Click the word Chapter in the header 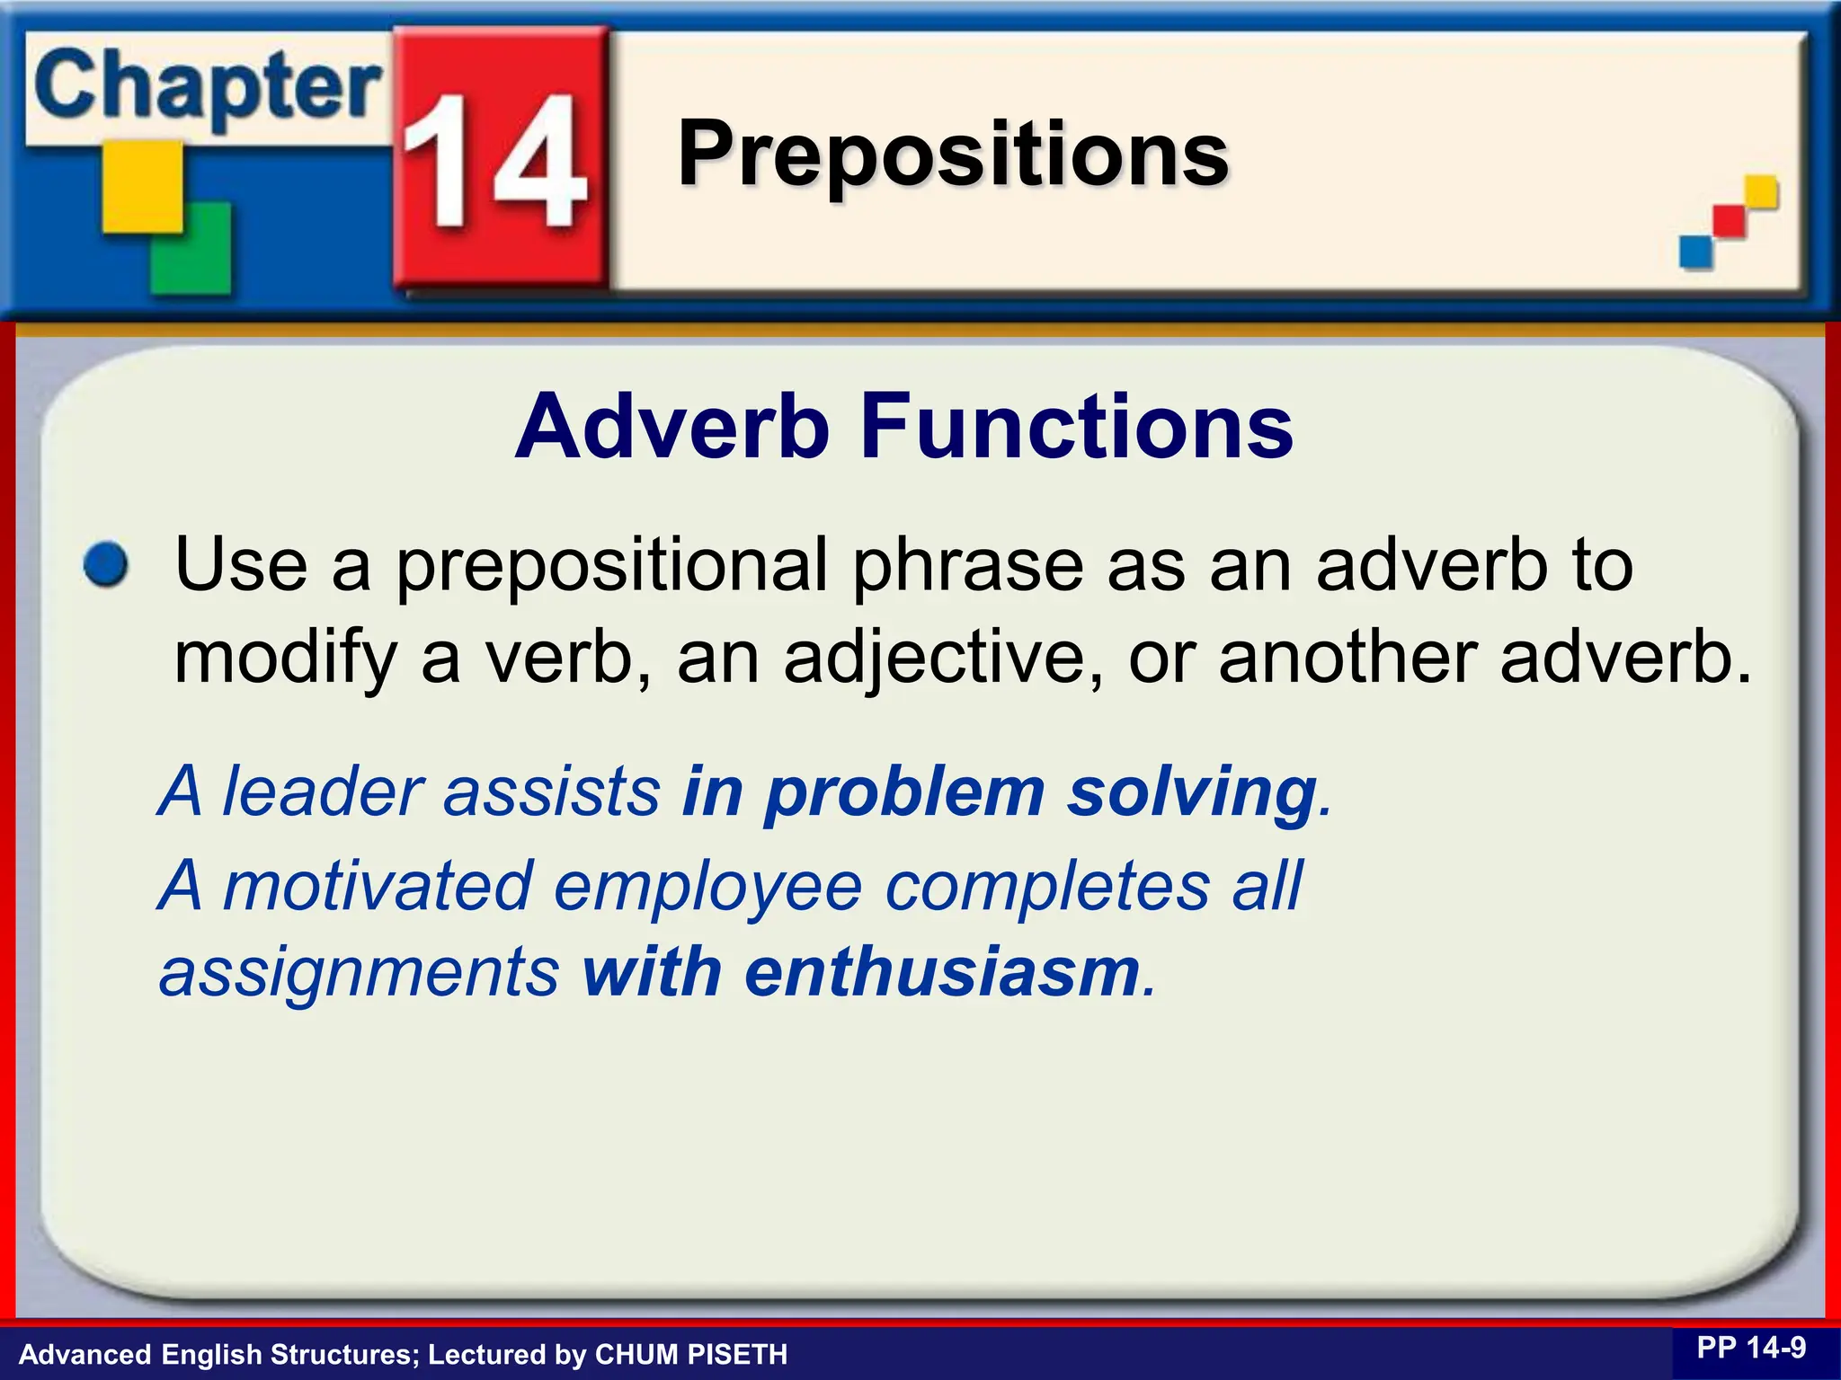[x=207, y=90]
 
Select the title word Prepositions [x=953, y=155]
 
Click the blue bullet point [x=106, y=566]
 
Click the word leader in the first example [x=323, y=792]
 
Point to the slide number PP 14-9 [x=1750, y=1348]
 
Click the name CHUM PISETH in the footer [x=690, y=1354]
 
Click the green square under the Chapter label [x=191, y=248]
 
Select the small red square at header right [x=1728, y=221]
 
